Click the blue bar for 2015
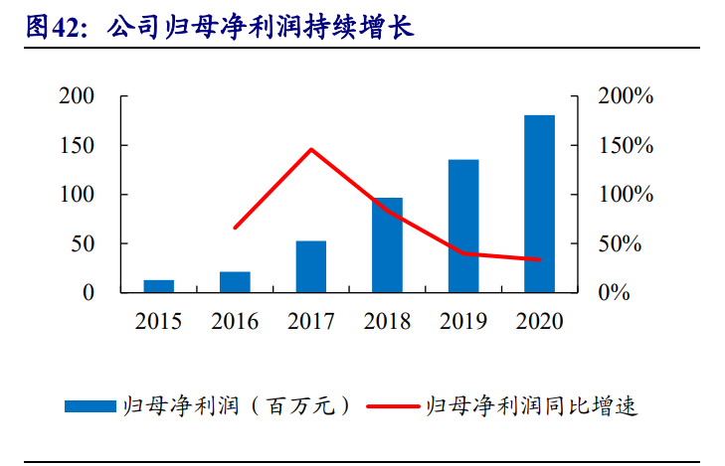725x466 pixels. tap(159, 286)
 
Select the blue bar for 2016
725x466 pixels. tap(235, 282)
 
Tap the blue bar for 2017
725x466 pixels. tap(311, 266)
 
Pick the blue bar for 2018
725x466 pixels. tap(387, 244)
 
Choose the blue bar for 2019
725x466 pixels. tap(463, 226)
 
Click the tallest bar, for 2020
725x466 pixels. tap(539, 204)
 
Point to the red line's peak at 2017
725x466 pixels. tap(311, 150)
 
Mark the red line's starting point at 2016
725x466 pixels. tap(235, 228)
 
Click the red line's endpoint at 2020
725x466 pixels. tap(539, 260)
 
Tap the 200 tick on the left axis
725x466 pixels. tap(77, 96)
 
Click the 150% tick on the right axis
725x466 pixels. tap(625, 146)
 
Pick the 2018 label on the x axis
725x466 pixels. tap(387, 321)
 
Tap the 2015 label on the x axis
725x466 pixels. tap(159, 321)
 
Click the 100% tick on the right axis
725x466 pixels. tap(625, 195)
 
